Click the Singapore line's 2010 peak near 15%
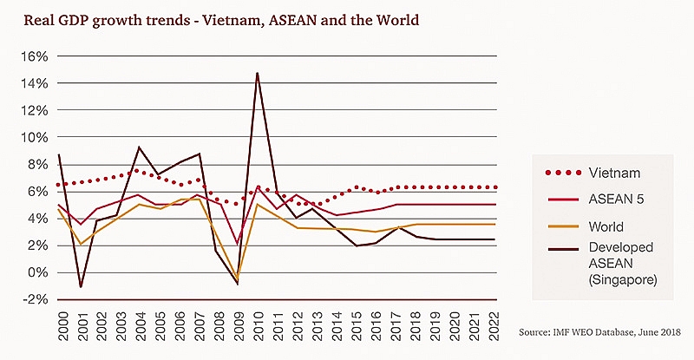[258, 73]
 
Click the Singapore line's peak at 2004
[139, 147]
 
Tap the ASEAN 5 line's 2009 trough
[238, 243]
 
